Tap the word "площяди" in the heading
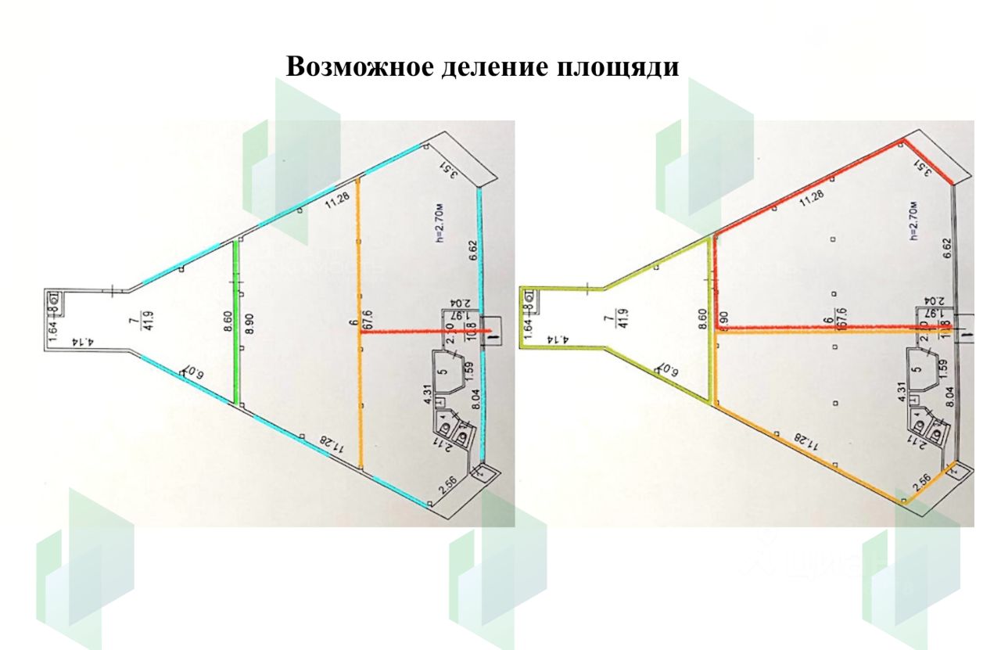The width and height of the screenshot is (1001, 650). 617,67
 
